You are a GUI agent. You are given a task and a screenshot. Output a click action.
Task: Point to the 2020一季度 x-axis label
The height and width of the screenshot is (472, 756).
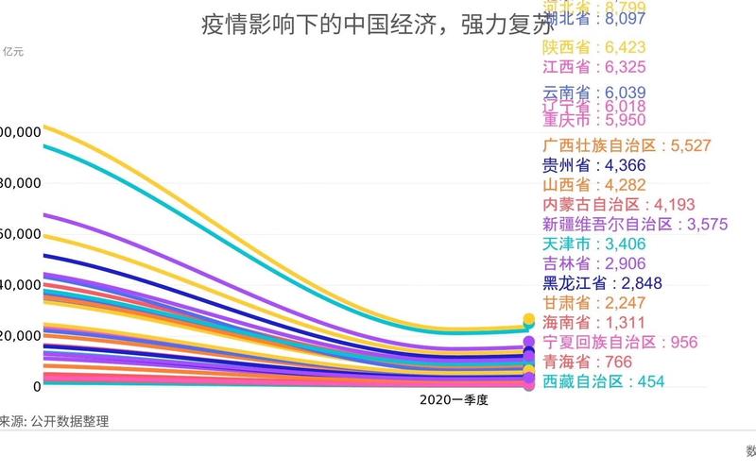(x=453, y=400)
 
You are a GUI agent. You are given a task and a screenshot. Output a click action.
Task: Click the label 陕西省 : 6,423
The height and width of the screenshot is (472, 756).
(x=593, y=46)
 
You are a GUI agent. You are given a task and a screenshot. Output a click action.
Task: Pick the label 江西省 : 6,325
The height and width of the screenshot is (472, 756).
(x=593, y=66)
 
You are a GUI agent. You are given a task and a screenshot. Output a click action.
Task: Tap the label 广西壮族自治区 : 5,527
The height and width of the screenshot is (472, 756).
(x=627, y=145)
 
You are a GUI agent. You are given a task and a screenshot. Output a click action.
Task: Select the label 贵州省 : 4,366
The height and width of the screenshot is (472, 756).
(x=593, y=165)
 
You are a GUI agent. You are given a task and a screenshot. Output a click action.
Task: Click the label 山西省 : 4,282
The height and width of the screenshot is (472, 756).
(x=593, y=185)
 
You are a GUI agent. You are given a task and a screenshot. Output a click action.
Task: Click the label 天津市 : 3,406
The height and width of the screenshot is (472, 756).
(x=593, y=244)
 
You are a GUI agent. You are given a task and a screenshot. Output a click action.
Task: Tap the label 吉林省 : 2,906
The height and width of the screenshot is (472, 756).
(x=593, y=264)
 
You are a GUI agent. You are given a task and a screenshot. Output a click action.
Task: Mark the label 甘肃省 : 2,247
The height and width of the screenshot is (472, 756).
(x=593, y=303)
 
